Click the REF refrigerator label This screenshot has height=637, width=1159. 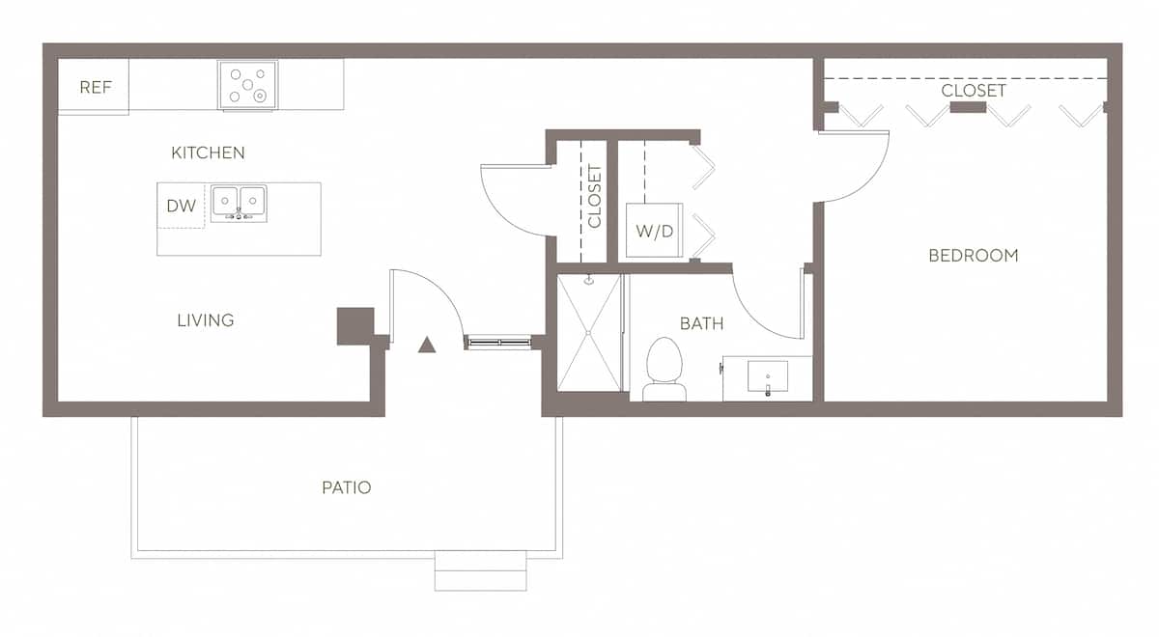(x=96, y=88)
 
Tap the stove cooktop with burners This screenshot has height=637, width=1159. (x=248, y=85)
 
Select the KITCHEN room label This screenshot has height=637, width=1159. (x=208, y=152)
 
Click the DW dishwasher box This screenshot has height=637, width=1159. (x=182, y=206)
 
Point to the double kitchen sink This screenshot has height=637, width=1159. (x=239, y=203)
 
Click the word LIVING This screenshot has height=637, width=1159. (x=205, y=320)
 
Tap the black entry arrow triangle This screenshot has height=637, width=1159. (x=427, y=344)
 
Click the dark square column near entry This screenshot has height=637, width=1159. (x=354, y=325)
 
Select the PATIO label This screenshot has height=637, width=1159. (x=346, y=487)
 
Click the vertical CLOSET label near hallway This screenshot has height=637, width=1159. (x=594, y=196)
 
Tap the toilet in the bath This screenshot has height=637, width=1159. (x=664, y=370)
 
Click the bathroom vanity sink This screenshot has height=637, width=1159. (x=768, y=376)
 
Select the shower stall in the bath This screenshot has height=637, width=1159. (x=589, y=333)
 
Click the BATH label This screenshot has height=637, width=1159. (x=701, y=323)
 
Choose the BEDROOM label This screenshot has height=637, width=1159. (x=973, y=256)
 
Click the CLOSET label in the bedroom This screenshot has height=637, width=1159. (x=973, y=91)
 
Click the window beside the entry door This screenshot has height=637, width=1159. (x=498, y=342)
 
